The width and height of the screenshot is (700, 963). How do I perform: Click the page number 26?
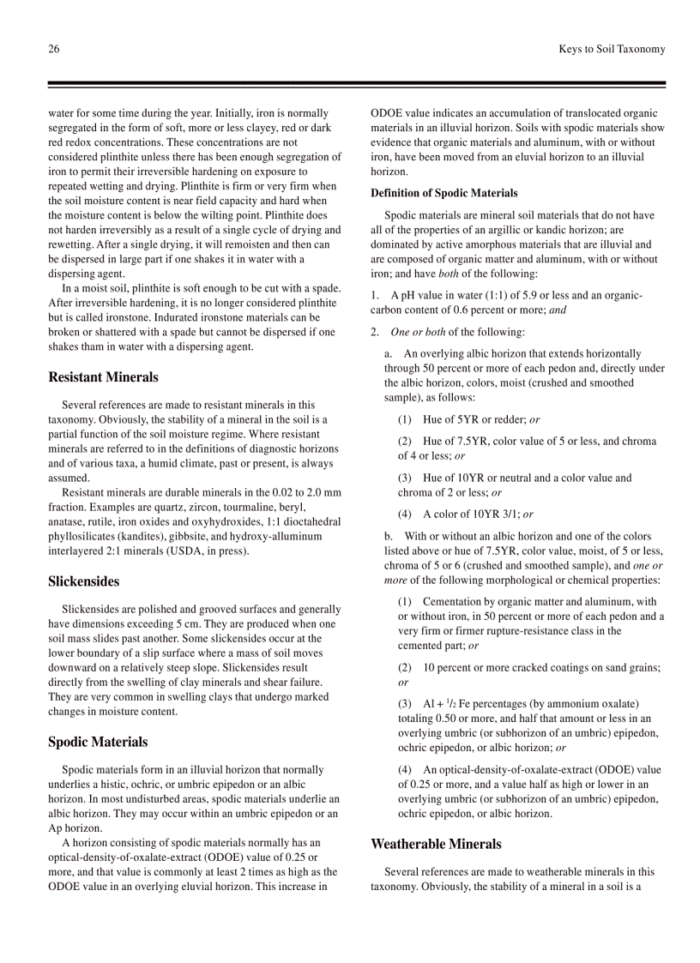click(x=54, y=49)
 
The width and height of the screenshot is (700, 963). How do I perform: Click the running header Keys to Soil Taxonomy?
click(x=611, y=49)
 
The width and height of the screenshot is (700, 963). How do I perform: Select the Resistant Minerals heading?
click(x=103, y=377)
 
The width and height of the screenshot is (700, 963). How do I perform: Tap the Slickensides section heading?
click(x=84, y=581)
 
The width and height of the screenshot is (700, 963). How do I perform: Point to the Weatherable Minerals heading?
click(x=436, y=844)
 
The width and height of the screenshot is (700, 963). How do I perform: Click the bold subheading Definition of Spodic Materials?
click(x=444, y=193)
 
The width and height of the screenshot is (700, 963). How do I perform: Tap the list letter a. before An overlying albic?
click(x=389, y=353)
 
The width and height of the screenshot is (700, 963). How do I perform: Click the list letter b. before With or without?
click(x=389, y=537)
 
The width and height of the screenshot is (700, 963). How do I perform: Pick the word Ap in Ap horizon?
click(x=55, y=828)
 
